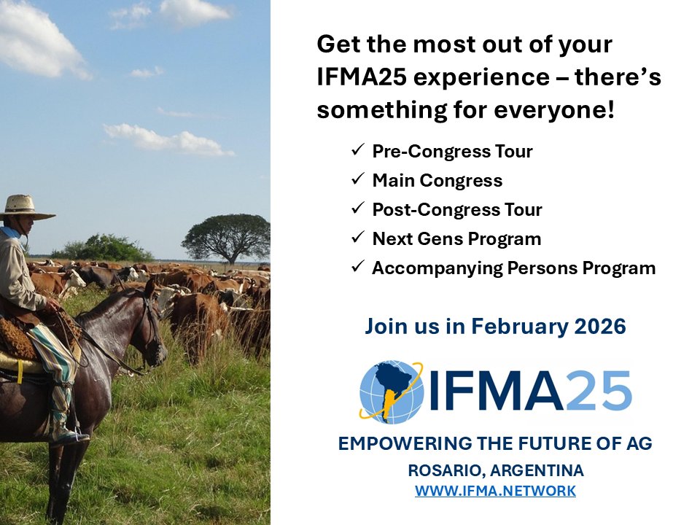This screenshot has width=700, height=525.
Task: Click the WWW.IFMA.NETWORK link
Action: (x=495, y=491)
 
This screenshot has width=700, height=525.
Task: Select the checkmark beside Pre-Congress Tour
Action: (x=358, y=151)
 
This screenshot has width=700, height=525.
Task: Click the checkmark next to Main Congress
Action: (x=358, y=180)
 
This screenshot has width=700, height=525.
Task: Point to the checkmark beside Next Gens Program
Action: (x=358, y=238)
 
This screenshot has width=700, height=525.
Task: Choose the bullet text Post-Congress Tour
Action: (x=457, y=210)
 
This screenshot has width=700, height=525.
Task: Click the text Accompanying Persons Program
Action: (x=513, y=268)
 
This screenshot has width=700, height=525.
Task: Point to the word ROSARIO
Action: (x=439, y=470)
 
